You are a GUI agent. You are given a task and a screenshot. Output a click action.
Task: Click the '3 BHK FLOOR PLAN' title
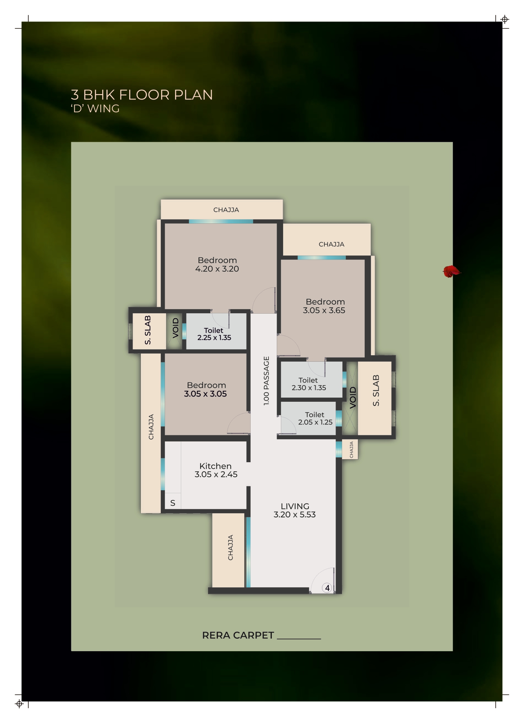(142, 95)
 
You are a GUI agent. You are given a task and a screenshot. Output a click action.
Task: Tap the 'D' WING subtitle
(95, 109)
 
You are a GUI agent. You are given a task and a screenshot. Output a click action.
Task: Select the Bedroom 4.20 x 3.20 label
(217, 265)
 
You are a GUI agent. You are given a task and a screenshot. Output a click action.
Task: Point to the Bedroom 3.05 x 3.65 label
(324, 306)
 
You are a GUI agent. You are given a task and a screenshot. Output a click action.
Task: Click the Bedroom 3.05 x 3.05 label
(206, 390)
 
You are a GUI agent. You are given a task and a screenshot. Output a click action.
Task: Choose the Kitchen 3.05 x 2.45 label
(216, 470)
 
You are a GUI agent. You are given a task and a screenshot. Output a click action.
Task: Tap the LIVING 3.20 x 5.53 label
(295, 510)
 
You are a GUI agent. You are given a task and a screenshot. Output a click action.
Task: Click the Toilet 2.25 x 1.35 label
(214, 334)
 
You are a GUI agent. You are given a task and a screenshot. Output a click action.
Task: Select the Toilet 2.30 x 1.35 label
(309, 384)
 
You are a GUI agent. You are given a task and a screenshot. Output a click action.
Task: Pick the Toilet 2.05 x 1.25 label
(315, 418)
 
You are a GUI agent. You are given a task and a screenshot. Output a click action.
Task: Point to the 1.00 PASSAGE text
(267, 381)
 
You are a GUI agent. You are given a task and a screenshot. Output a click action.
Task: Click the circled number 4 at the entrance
(327, 588)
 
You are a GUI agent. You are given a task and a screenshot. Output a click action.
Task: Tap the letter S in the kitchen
(173, 503)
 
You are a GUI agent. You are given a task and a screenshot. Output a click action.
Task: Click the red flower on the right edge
(452, 271)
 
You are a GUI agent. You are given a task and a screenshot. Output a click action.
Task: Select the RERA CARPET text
(238, 635)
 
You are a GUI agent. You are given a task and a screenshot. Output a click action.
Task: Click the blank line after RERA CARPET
(299, 639)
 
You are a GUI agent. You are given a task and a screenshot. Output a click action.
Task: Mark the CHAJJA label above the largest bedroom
(226, 210)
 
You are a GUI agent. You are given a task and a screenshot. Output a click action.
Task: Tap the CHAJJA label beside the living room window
(231, 548)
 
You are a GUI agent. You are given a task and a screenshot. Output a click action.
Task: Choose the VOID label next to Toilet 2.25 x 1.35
(176, 328)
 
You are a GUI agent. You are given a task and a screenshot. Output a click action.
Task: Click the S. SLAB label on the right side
(376, 390)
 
